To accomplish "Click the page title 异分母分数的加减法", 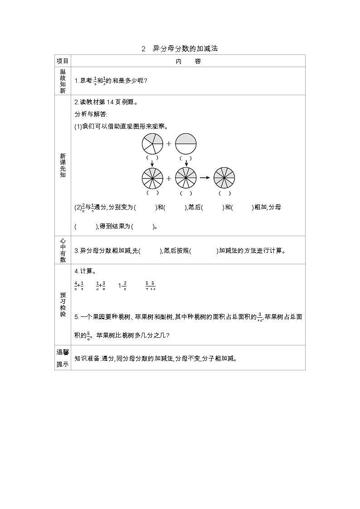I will [x=185, y=48].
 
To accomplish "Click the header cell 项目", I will [x=63, y=61].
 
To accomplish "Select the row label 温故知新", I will [x=63, y=81].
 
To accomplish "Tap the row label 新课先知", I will [x=63, y=165].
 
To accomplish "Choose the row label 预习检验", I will [x=63, y=304].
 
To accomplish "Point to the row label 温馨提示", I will [x=63, y=358].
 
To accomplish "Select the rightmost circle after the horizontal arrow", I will [x=224, y=178].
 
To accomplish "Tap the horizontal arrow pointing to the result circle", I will [x=205, y=178].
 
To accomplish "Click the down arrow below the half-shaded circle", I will [x=186, y=163].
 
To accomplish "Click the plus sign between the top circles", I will [x=169, y=144].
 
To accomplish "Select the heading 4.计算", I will [x=85, y=271].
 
